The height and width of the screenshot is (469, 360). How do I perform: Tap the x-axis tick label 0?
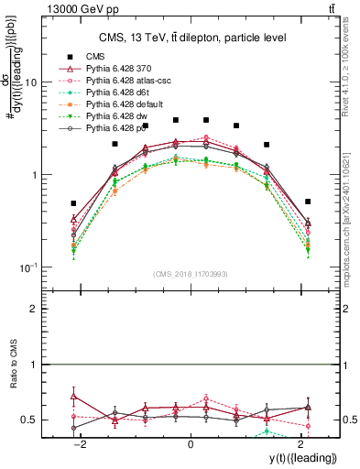[x=191, y=445]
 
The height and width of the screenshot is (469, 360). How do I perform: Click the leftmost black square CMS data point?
[x=74, y=203]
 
